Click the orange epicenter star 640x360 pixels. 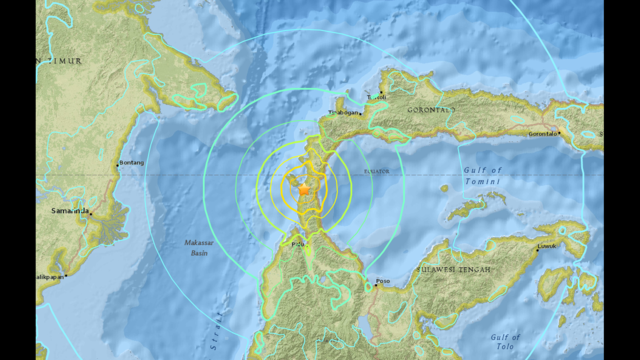(x=303, y=187)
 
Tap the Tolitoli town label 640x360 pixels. (x=376, y=96)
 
